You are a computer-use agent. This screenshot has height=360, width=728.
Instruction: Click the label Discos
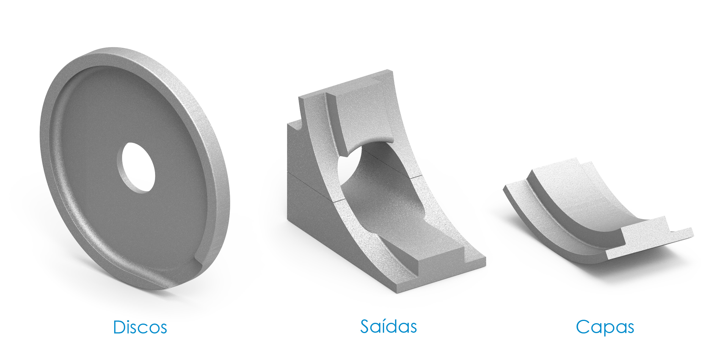[140, 327]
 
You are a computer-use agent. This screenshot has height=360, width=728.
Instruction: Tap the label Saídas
[388, 326]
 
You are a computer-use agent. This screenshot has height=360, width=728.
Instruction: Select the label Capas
[605, 327]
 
